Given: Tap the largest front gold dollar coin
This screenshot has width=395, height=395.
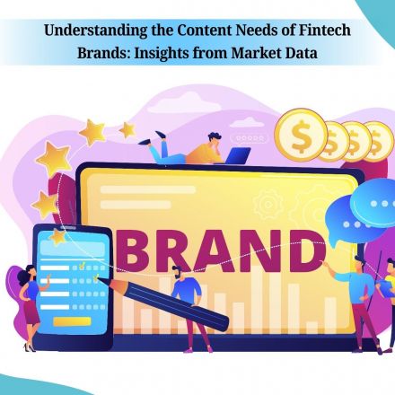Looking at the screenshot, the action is tap(301, 135).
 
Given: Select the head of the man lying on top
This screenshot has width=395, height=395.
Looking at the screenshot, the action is tap(215, 139).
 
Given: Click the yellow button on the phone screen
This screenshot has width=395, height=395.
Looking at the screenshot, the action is tap(72, 321).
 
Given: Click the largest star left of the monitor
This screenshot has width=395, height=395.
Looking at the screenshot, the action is tap(54, 159).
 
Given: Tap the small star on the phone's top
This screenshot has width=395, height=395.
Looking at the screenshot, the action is tap(57, 236).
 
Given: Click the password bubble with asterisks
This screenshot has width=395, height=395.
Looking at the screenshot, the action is tap(250, 139).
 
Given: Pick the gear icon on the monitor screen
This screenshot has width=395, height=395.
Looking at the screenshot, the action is tap(267, 205).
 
